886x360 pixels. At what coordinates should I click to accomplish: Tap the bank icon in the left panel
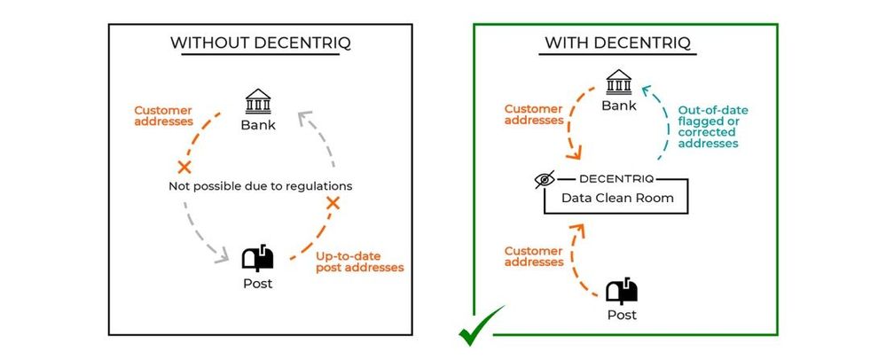257,101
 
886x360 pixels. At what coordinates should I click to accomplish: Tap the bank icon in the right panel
619,83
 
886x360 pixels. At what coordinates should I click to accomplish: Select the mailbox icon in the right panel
621,291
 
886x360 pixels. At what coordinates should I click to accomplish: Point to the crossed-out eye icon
545,180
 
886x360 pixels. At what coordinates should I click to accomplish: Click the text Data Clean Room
617,198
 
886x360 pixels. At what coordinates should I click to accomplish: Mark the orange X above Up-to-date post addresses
333,204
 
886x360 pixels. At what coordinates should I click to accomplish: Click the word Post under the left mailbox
258,284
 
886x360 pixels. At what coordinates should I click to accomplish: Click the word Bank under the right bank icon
619,106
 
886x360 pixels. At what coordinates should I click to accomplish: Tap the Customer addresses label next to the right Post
534,256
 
